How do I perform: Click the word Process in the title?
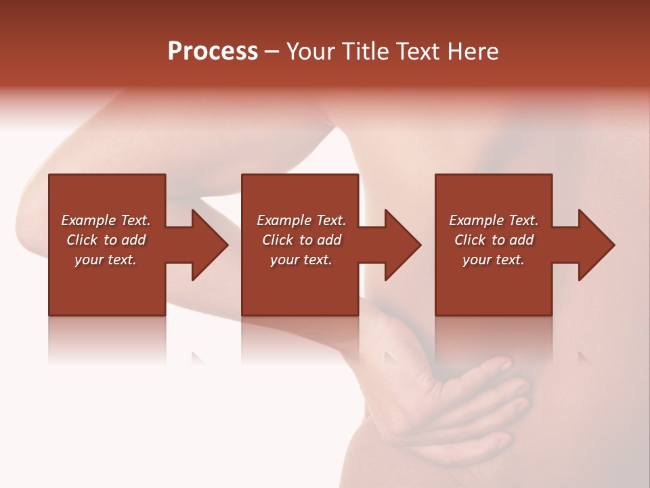point(213,52)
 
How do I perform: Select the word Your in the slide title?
point(309,52)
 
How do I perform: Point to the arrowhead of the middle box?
point(402,245)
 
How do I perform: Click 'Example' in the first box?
point(89,220)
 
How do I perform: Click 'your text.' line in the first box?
point(106,260)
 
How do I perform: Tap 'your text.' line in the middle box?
point(301,260)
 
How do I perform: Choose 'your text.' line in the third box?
point(494,260)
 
